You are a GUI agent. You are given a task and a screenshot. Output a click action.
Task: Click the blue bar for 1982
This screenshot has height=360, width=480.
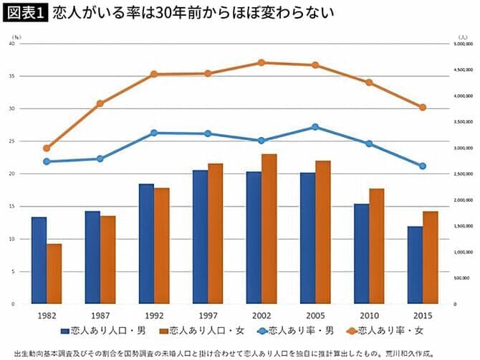pos(39,260)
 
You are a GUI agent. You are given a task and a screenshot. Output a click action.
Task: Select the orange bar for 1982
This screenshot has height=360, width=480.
pos(54,274)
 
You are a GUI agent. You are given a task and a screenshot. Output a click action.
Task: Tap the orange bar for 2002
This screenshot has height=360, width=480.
pos(269,229)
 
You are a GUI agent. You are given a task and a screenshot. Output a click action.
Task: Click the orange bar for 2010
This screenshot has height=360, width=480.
pos(377,246)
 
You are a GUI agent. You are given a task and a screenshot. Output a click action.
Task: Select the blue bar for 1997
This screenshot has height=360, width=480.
pos(200,237)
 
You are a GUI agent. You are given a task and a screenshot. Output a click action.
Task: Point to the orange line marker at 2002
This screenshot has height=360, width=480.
pos(261,63)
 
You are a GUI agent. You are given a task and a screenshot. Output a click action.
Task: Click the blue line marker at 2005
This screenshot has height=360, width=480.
pos(315,127)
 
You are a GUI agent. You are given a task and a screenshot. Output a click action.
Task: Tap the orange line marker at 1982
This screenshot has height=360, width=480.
pos(47,148)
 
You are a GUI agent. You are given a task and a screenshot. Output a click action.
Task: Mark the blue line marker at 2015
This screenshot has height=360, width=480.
pos(423,166)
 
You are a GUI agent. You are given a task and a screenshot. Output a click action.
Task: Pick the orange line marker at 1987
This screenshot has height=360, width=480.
pos(100,103)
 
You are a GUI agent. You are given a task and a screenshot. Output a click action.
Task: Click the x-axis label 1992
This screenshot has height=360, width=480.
pos(154,315)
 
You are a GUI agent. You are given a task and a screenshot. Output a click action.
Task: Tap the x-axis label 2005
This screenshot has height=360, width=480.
pos(315,315)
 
